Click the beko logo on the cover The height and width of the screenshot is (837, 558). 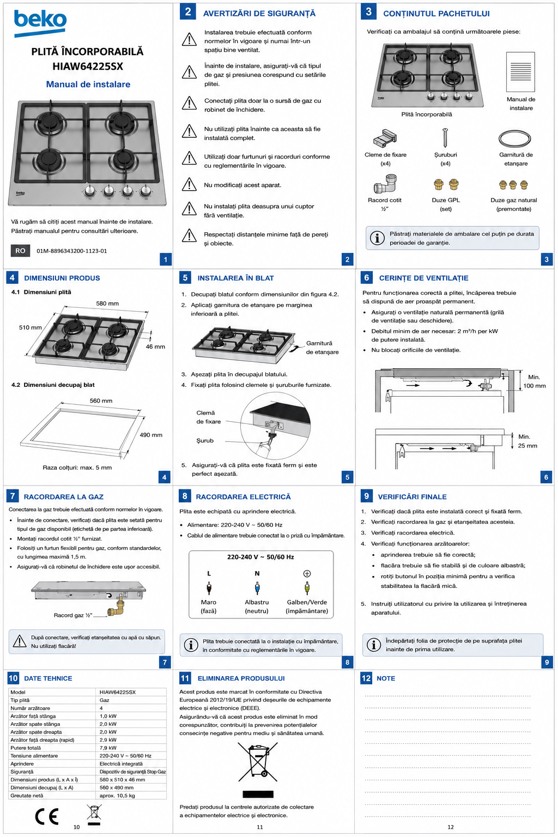click(x=40, y=22)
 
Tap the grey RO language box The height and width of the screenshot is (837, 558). click(x=20, y=251)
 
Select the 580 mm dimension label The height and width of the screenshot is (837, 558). click(x=107, y=304)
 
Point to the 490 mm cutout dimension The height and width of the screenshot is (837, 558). click(x=151, y=435)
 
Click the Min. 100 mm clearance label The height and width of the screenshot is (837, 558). click(x=534, y=381)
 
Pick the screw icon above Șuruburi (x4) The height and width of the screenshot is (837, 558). click(x=445, y=137)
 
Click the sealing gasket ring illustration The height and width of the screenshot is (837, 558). click(x=514, y=138)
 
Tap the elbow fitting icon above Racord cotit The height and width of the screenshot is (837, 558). click(x=385, y=184)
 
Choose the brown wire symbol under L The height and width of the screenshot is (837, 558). click(x=209, y=588)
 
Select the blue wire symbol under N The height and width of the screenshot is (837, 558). click(x=257, y=588)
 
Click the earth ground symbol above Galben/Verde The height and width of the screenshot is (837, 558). click(x=307, y=574)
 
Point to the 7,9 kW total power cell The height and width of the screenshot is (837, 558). click(x=108, y=748)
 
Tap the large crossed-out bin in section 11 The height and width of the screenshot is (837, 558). click(x=258, y=762)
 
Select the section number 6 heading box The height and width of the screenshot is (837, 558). click(x=366, y=277)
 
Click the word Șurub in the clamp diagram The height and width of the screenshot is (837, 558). click(x=205, y=440)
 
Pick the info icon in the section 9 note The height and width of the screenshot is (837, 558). click(x=374, y=645)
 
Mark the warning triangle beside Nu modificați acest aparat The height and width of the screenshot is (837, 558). click(x=189, y=185)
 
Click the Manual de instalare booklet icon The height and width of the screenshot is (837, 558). click(x=520, y=72)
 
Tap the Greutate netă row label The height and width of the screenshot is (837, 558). click(x=27, y=796)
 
